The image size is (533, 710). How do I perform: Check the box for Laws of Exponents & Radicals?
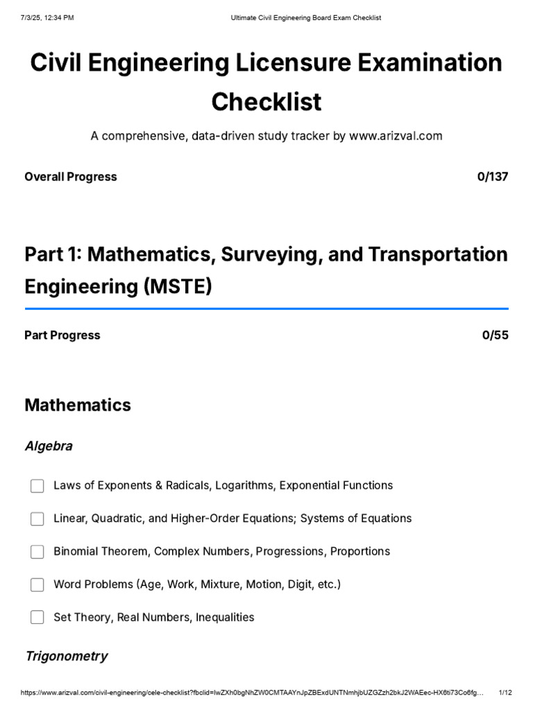click(x=37, y=486)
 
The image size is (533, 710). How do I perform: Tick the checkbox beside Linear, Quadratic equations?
click(x=37, y=519)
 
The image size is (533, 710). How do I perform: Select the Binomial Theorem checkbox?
click(x=37, y=552)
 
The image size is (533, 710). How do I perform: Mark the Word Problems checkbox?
click(x=37, y=585)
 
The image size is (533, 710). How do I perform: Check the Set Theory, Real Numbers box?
click(x=37, y=617)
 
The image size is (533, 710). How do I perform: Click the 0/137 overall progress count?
click(x=493, y=177)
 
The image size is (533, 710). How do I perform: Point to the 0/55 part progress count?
click(x=495, y=336)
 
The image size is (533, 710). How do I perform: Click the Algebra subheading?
click(x=49, y=446)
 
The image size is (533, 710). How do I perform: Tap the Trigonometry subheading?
click(x=67, y=656)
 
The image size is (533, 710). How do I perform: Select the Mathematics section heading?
click(x=78, y=405)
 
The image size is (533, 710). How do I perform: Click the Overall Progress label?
click(x=71, y=177)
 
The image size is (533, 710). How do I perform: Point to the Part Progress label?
click(x=62, y=336)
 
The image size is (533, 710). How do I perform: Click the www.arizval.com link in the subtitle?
click(x=396, y=136)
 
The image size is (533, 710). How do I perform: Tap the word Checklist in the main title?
click(x=266, y=102)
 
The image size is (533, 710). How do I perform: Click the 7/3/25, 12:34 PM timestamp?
click(x=48, y=17)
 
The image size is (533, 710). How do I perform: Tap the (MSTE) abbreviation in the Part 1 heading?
click(x=178, y=286)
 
